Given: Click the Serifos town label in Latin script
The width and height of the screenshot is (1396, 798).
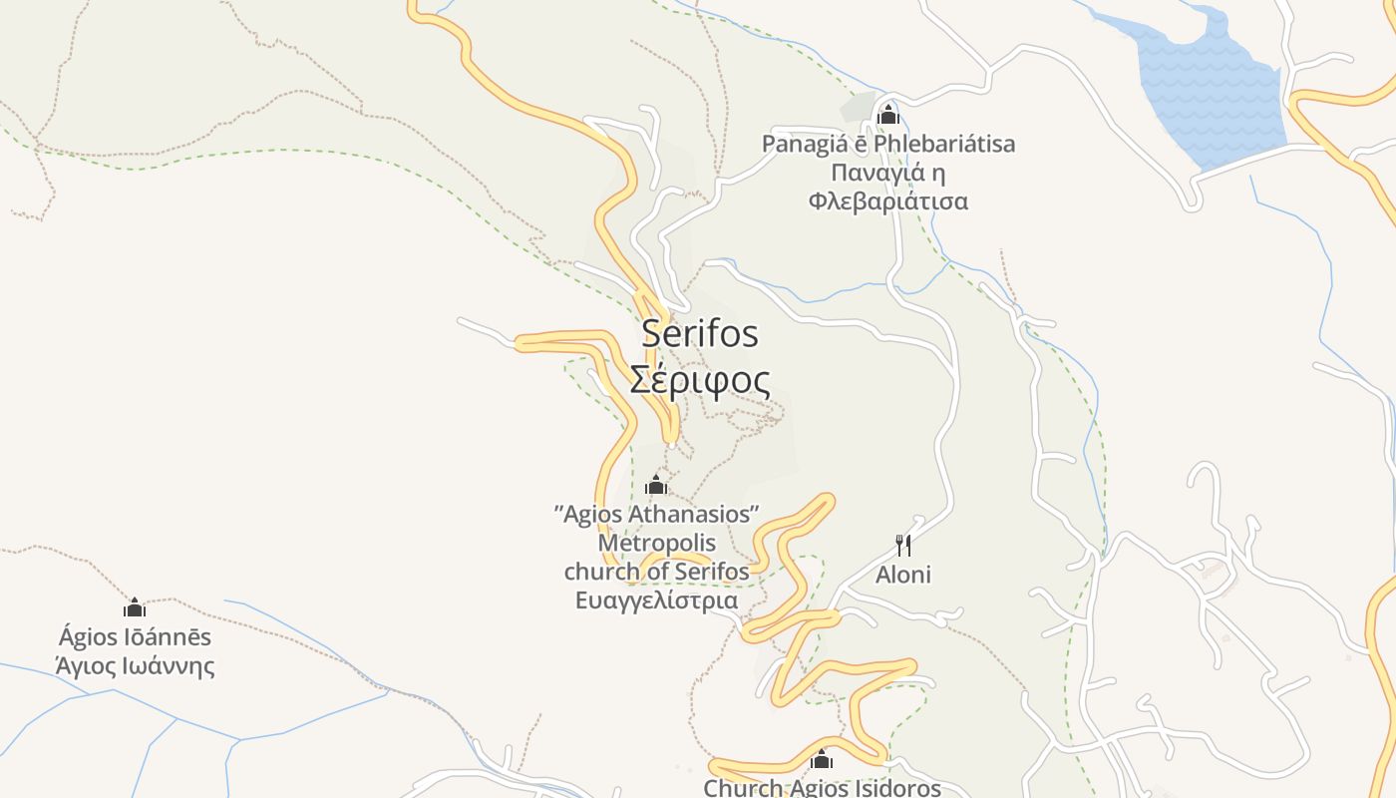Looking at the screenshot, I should click(x=700, y=333).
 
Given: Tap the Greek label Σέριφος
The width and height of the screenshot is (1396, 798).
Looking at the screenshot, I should click(x=700, y=380).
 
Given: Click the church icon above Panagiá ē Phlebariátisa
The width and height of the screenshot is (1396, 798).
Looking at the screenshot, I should click(x=887, y=115).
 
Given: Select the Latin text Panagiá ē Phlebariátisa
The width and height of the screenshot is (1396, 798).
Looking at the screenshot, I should click(x=888, y=144).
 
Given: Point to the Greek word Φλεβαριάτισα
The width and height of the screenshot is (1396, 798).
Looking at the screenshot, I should click(x=888, y=201).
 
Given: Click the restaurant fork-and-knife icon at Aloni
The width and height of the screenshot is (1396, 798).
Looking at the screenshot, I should click(x=903, y=545).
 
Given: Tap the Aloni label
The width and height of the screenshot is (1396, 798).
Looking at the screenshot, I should click(x=903, y=575).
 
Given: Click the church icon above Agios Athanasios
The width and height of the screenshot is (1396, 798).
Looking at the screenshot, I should click(x=656, y=485).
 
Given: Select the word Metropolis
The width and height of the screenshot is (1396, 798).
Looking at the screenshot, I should click(x=657, y=543).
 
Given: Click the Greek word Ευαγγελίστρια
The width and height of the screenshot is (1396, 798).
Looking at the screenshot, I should click(x=657, y=600).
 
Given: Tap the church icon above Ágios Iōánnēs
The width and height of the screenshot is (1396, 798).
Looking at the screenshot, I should click(x=135, y=607).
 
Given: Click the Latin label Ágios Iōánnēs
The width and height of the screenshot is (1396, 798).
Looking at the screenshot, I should click(x=135, y=636).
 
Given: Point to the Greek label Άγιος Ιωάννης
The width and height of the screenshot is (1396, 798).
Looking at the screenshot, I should click(x=135, y=665).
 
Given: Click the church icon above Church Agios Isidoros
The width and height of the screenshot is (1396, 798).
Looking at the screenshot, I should click(x=822, y=760).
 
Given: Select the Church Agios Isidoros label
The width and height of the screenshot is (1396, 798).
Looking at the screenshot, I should click(x=822, y=788).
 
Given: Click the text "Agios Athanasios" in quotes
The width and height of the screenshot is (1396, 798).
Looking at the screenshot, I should click(x=657, y=514).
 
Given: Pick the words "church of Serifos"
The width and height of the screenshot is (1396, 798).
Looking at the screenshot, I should click(x=657, y=572).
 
